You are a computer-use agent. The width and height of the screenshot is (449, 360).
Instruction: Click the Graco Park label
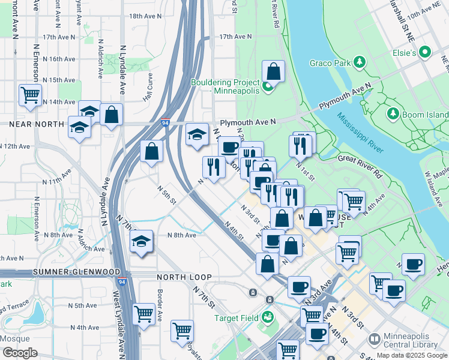[330, 62]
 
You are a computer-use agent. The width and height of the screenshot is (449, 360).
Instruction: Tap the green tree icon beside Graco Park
[360, 62]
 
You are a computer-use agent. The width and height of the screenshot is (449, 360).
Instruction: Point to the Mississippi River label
[360, 133]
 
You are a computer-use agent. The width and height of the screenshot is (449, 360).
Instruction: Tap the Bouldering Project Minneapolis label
[225, 86]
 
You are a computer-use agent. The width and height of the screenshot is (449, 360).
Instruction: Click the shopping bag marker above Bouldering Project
[273, 71]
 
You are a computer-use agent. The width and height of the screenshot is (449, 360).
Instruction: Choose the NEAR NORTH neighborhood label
[36, 124]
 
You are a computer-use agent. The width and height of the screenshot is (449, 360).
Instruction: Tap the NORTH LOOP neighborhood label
[184, 277]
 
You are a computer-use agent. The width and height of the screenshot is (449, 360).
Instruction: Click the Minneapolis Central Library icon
[374, 340]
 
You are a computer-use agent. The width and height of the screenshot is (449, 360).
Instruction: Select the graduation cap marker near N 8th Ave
[141, 241]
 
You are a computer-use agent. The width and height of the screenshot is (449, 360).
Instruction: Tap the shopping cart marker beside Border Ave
[144, 313]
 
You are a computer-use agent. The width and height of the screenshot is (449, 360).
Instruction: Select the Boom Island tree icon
[394, 113]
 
